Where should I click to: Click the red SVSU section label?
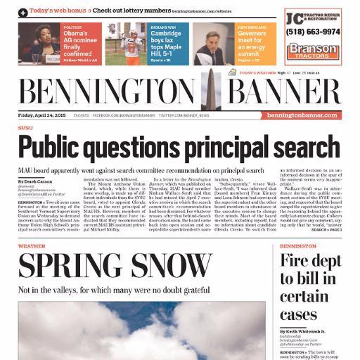tap(25, 128)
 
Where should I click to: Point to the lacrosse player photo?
tap(124, 44)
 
